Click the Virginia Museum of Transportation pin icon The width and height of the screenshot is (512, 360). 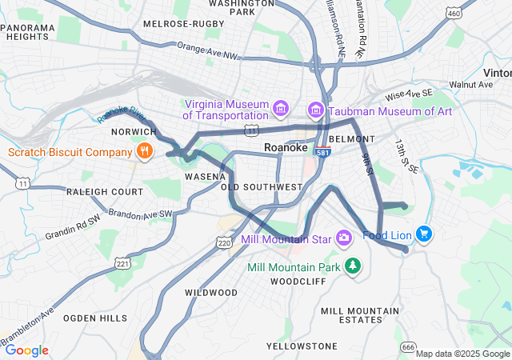[280, 108]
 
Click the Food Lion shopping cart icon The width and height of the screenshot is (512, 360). [423, 234]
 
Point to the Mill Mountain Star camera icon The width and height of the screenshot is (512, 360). [344, 238]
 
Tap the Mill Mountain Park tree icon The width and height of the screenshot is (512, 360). [351, 266]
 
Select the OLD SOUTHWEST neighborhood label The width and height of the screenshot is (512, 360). [262, 187]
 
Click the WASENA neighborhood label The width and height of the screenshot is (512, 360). [205, 175]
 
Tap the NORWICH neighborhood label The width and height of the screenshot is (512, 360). [134, 131]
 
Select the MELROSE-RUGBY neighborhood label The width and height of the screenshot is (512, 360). [183, 24]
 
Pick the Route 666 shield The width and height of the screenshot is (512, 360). [409, 346]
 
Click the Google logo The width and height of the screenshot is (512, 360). [26, 350]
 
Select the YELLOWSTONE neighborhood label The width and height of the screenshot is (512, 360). [302, 346]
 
